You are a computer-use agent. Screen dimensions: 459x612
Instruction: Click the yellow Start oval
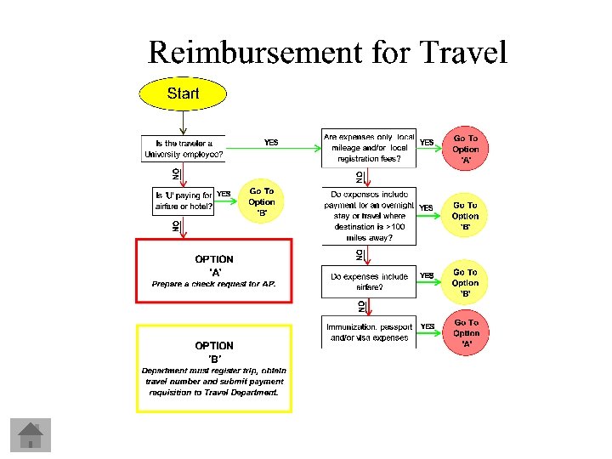click(183, 93)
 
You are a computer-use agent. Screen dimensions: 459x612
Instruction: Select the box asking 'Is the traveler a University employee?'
click(184, 149)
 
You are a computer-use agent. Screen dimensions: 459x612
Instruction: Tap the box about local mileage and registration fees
click(369, 148)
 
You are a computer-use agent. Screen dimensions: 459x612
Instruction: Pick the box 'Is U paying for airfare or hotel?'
click(184, 201)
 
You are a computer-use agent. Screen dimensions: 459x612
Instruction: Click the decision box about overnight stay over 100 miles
click(369, 216)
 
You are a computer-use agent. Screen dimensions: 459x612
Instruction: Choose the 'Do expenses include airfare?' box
click(369, 281)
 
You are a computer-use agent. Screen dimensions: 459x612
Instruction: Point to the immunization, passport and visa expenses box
click(369, 332)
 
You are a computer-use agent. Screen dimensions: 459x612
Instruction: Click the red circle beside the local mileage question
click(466, 149)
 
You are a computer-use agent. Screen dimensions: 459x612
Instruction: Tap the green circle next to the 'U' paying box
click(262, 202)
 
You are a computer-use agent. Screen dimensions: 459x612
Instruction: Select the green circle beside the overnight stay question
click(466, 216)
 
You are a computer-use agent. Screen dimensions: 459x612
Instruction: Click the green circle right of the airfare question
click(466, 282)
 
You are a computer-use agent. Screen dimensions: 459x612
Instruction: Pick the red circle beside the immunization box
click(466, 333)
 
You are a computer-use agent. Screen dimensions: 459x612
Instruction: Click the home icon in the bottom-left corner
click(31, 434)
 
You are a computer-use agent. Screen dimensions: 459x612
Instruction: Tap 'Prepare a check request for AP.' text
click(213, 284)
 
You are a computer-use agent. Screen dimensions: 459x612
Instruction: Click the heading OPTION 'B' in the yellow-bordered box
click(214, 352)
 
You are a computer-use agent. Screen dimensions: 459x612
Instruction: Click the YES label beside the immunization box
click(428, 326)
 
